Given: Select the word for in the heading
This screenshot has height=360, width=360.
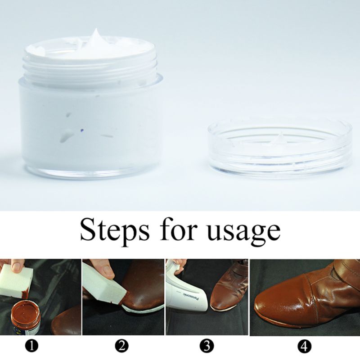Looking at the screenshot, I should click(x=177, y=230).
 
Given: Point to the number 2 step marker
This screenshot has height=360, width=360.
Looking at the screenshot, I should click(x=121, y=346).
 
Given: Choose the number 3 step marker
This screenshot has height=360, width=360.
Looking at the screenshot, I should click(x=207, y=346).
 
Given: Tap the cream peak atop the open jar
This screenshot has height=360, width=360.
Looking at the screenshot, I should click(x=96, y=38).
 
